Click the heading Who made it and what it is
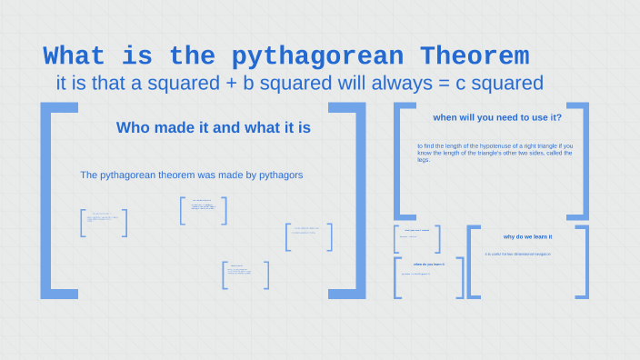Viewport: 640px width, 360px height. click(214, 128)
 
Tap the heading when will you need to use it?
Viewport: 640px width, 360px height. click(496, 117)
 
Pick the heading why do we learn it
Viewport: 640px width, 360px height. click(527, 236)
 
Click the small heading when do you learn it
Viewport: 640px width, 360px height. click(428, 264)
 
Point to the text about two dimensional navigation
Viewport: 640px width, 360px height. click(517, 254)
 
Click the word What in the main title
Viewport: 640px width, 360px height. click(75, 56)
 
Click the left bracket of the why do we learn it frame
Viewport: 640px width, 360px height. click(472, 262)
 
